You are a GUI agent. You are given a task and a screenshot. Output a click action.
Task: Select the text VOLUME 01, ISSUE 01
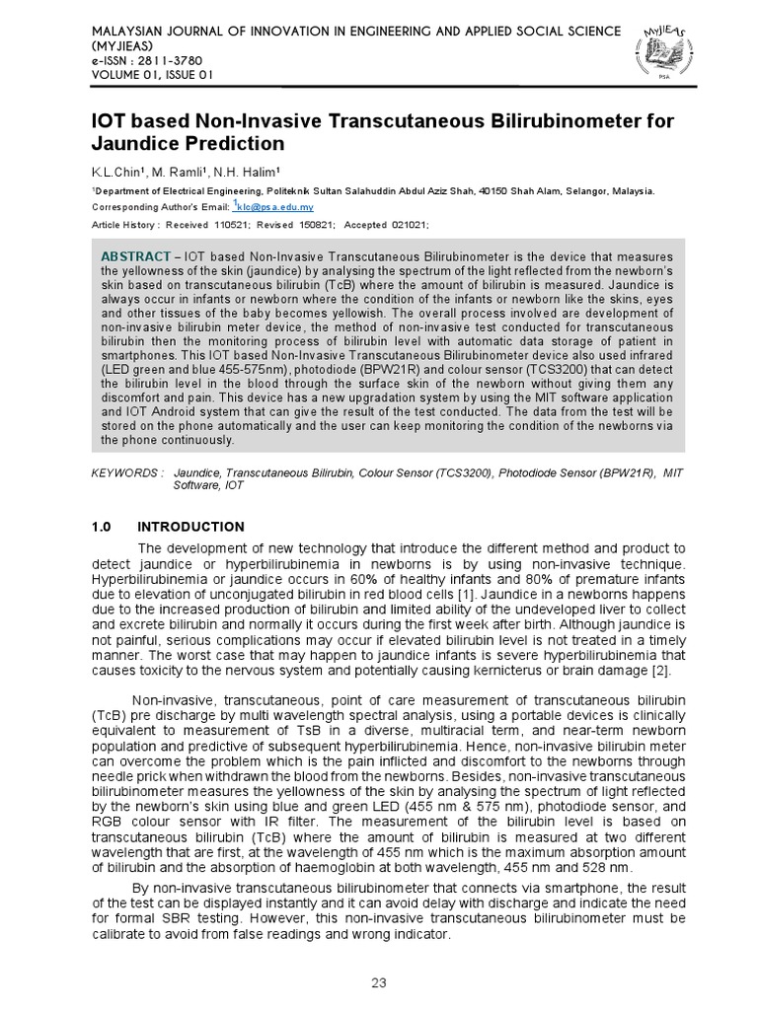click(x=151, y=75)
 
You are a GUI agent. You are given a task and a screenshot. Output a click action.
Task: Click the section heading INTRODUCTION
click(x=190, y=527)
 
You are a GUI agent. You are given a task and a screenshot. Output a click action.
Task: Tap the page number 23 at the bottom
click(x=378, y=982)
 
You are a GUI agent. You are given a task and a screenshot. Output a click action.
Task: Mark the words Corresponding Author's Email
click(x=159, y=207)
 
